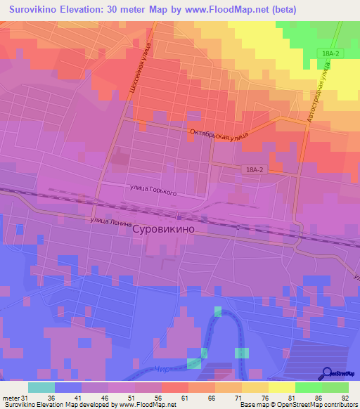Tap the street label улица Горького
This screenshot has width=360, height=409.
click(x=153, y=190)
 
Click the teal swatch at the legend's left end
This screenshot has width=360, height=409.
click(x=41, y=387)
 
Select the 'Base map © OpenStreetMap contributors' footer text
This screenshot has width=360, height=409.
click(x=298, y=405)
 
